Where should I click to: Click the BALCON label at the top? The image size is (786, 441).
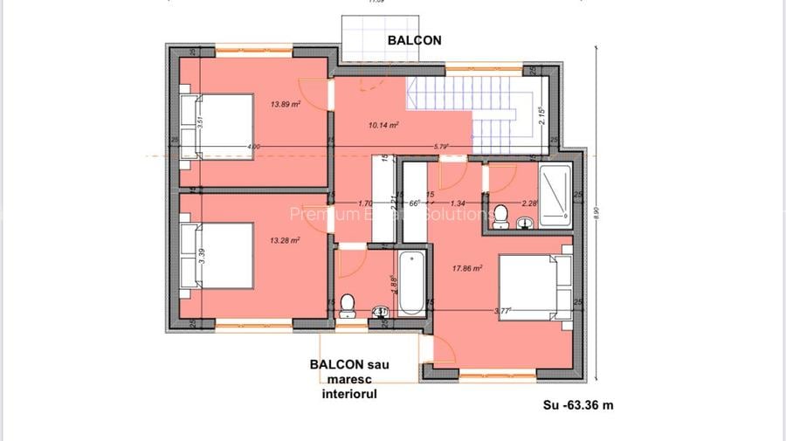tap(415, 39)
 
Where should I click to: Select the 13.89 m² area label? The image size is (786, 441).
tap(285, 104)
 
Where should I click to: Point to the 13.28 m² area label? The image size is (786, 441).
tap(285, 240)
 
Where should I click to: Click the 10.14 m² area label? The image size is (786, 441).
tap(383, 126)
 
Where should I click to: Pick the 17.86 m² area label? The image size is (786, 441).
tap(467, 269)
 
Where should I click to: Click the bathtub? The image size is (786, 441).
tap(410, 282)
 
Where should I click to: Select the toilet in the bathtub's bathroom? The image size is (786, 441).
tap(347, 304)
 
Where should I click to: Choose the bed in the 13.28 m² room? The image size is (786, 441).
tap(206, 254)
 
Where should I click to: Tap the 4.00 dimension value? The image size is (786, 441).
tap(253, 146)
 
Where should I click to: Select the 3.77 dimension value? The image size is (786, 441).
tap(502, 309)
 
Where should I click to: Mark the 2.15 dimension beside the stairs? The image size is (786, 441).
tap(541, 115)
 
